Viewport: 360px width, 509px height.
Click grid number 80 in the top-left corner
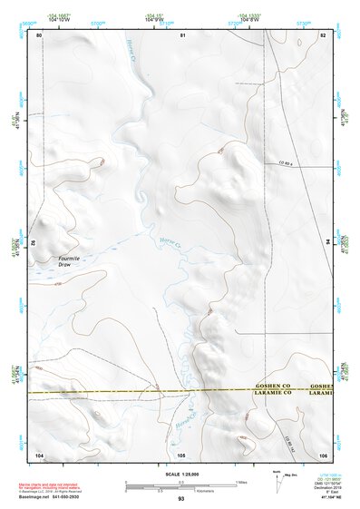click(x=38, y=35)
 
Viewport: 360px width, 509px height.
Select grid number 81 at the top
click(x=182, y=35)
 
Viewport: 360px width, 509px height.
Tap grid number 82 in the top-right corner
click(x=323, y=35)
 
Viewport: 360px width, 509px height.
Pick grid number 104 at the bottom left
click(x=39, y=454)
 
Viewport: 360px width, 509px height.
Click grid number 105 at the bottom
click(x=181, y=454)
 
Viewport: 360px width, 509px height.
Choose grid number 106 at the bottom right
click(x=322, y=454)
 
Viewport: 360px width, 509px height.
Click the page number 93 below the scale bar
click(x=180, y=499)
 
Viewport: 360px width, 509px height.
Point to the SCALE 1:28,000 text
click(x=180, y=474)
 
